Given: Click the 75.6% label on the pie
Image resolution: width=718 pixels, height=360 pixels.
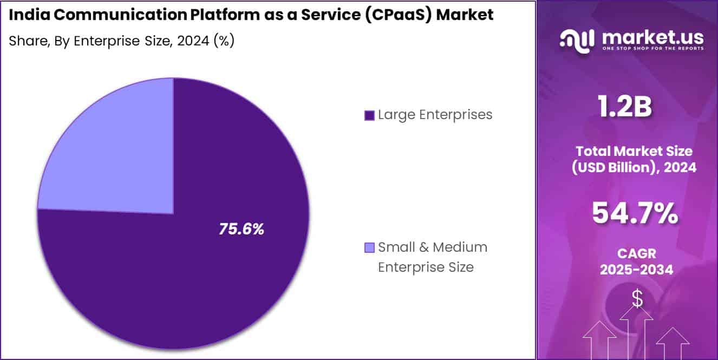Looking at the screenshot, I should tap(241, 229).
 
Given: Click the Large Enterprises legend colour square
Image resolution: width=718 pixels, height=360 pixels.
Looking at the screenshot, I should tap(370, 115).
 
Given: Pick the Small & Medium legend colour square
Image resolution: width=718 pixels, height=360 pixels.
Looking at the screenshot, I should tap(370, 248).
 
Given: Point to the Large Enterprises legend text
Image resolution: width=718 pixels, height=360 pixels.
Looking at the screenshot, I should tap(435, 115).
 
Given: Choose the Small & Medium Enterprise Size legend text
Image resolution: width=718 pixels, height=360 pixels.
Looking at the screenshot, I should tap(432, 257).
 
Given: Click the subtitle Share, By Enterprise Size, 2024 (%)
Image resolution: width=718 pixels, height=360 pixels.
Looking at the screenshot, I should tap(121, 41).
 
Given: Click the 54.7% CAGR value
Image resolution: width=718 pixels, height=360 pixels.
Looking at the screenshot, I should tap(635, 213).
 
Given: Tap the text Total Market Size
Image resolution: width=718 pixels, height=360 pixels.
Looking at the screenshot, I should tap(634, 151).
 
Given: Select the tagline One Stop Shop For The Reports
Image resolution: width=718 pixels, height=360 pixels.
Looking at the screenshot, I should tap(652, 49).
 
